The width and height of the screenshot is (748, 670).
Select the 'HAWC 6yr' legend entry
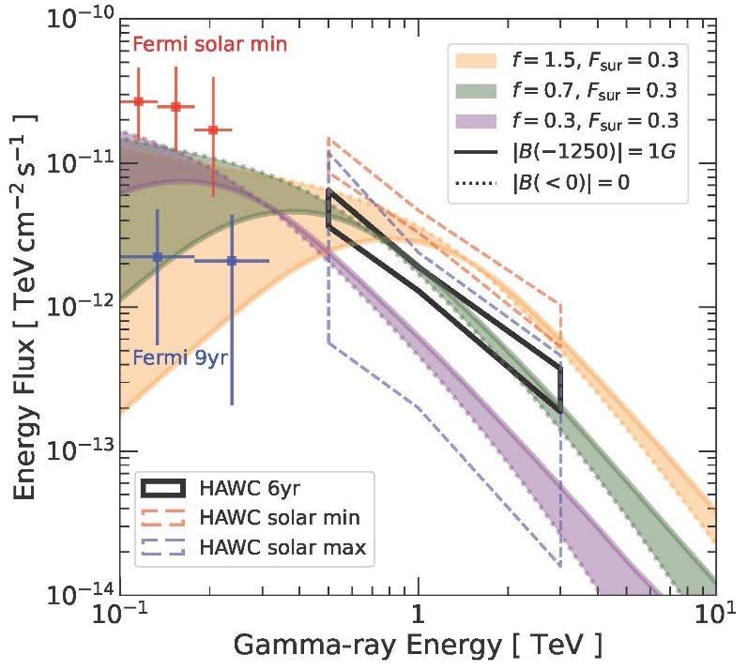click(238, 488)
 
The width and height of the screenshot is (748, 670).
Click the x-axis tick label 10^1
click(715, 615)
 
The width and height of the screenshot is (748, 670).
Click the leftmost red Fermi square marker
click(139, 101)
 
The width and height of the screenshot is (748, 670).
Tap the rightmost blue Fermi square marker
click(232, 261)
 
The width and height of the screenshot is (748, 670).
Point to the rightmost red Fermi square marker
click(213, 129)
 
